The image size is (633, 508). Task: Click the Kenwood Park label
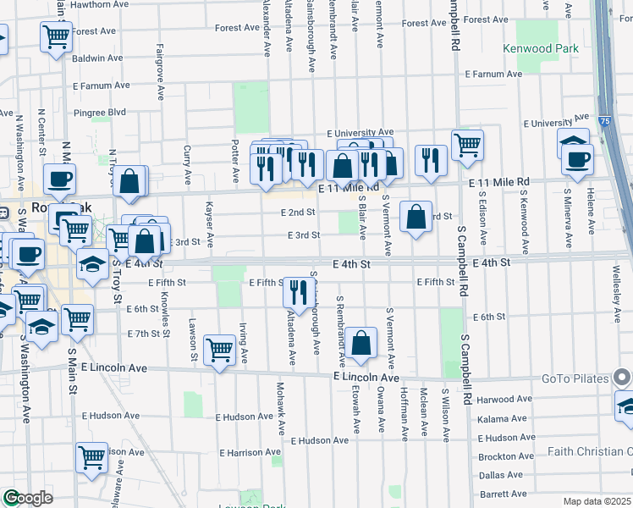click(x=540, y=48)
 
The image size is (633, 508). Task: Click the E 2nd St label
click(x=299, y=213)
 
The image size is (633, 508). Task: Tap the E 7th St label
click(x=143, y=334)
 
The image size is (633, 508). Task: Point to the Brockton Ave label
click(x=506, y=456)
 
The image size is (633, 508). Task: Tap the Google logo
click(x=28, y=498)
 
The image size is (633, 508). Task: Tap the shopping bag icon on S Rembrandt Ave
click(x=361, y=344)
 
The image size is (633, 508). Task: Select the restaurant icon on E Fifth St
click(x=297, y=293)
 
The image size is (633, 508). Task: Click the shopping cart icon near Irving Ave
click(x=220, y=349)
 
